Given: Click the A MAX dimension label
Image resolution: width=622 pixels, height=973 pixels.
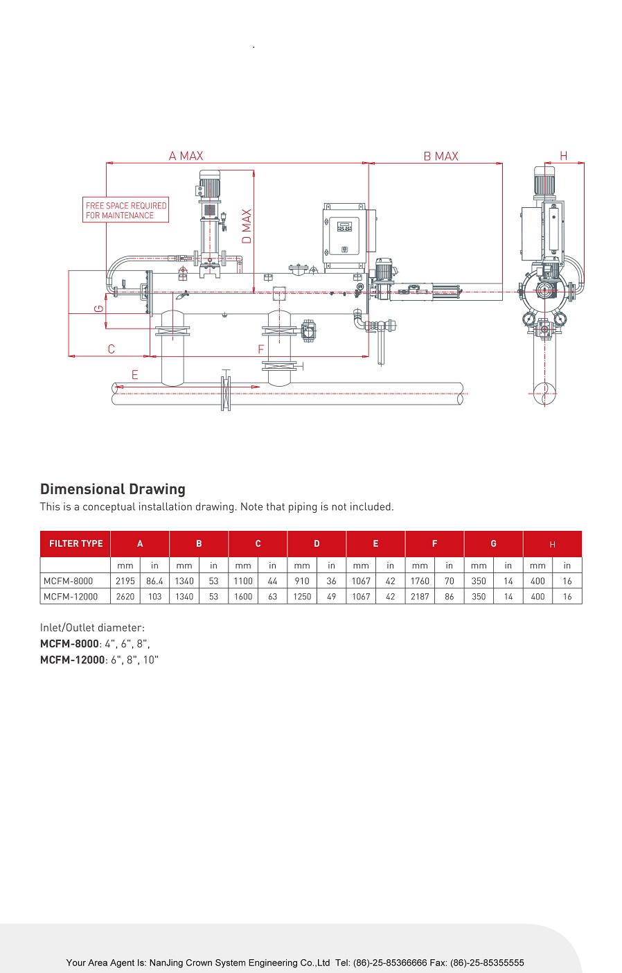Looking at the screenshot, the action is click(x=186, y=156).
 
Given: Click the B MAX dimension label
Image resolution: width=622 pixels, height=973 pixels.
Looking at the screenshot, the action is click(x=441, y=157).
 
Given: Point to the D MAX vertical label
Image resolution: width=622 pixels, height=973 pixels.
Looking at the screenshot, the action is click(x=247, y=227).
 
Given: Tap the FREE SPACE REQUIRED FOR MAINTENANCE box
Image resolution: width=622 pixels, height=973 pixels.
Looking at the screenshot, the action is click(x=125, y=210).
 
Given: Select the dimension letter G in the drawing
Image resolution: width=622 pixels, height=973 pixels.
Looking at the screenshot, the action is click(x=99, y=308).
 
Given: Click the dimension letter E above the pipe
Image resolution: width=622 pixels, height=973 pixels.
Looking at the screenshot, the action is click(x=134, y=374).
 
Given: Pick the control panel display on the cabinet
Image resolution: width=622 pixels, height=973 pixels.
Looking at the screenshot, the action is click(x=344, y=227).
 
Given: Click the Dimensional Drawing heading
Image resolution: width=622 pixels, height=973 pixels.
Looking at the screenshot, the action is click(x=113, y=489).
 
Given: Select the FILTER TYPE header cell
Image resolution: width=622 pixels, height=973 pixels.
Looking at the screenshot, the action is click(x=75, y=543).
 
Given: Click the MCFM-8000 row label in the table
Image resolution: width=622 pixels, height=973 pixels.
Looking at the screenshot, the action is click(x=68, y=581).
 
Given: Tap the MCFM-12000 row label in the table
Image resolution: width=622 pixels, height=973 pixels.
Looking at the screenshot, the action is click(x=71, y=597).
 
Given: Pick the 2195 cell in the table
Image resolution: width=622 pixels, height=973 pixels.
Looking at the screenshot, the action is click(x=125, y=581).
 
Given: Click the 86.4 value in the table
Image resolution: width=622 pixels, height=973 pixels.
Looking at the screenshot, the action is click(x=154, y=581).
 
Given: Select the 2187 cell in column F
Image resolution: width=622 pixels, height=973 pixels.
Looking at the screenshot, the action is click(x=420, y=597).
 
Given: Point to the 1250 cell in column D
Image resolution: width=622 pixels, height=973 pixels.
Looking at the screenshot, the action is click(x=302, y=597).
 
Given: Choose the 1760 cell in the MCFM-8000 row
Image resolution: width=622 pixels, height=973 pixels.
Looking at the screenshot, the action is click(x=420, y=581).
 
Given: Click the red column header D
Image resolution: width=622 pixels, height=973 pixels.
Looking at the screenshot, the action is click(x=317, y=543).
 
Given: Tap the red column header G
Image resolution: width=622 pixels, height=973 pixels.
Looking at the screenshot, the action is click(x=494, y=543).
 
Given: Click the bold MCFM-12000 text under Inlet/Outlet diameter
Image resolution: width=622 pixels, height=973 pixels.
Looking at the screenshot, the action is click(x=73, y=660).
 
